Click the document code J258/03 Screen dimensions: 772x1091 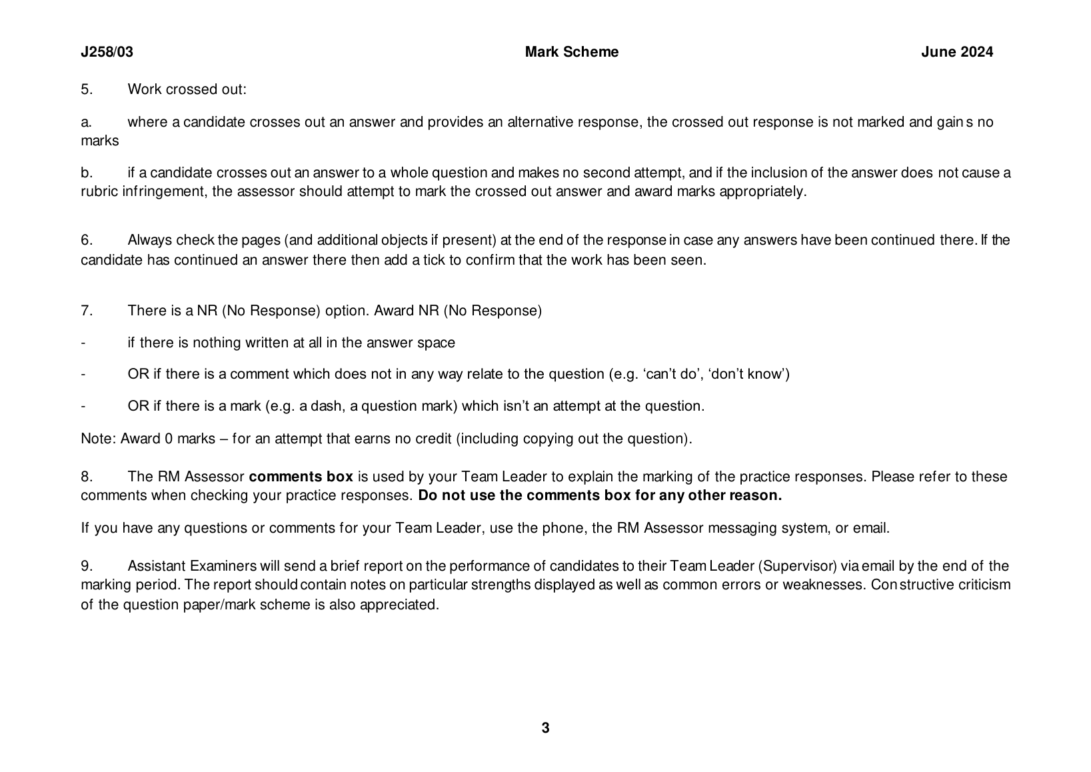pos(107,52)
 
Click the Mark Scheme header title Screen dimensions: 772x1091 pos(571,52)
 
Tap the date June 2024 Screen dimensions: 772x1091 pos(956,52)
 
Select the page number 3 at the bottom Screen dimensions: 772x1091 pos(545,728)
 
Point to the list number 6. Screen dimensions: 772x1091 pos(87,240)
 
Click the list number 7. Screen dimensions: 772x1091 pos(87,311)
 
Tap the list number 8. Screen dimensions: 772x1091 pos(87,477)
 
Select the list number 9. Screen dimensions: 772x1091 pos(87,566)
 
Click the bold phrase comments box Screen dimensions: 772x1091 pos(301,477)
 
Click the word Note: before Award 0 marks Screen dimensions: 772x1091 pos(99,439)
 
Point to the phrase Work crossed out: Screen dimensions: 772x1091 pos(187,89)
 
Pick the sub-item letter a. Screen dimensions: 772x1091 pos(85,122)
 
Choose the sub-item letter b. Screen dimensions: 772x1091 pos(85,173)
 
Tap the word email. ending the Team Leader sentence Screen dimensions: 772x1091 pos(871,529)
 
